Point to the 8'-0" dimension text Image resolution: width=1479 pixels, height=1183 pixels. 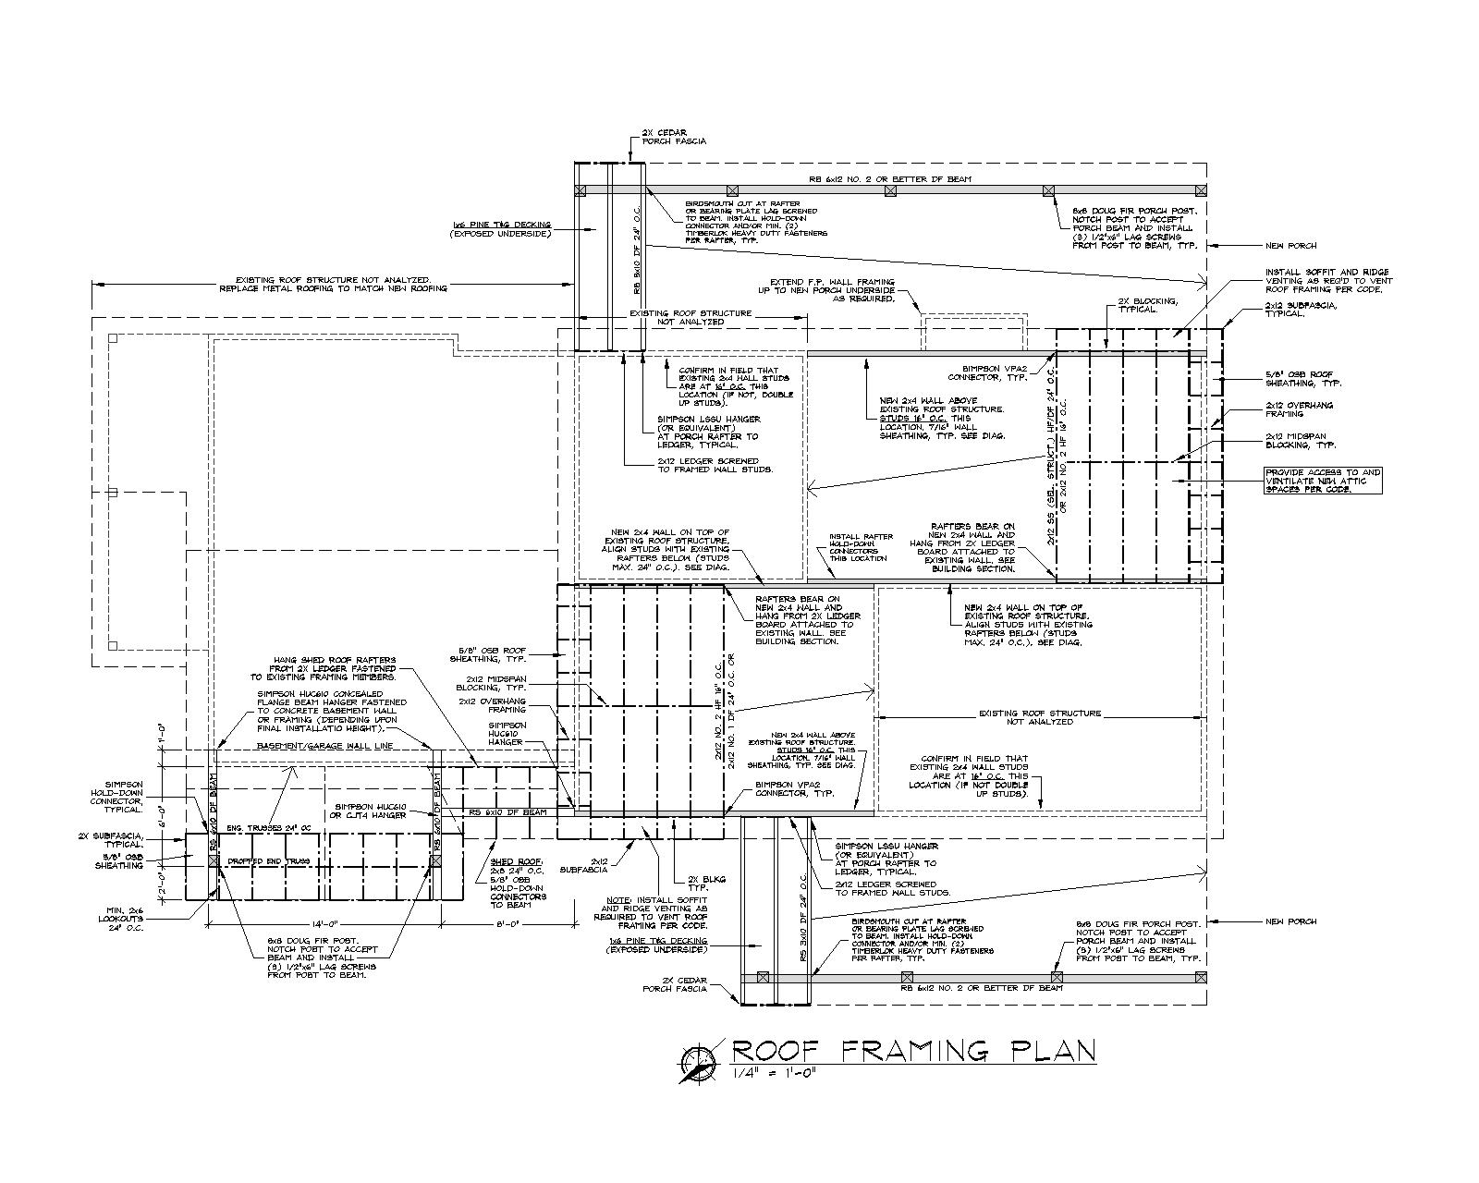click(x=508, y=923)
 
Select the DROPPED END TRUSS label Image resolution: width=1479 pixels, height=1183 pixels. click(x=268, y=861)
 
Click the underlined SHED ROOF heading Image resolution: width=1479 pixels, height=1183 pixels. click(x=509, y=861)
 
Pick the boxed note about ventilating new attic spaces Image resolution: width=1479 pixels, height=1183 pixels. click(x=1323, y=480)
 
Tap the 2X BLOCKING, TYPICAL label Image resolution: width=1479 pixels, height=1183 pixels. click(x=1147, y=305)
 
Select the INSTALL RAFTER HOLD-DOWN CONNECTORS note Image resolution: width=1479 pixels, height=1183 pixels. click(x=861, y=547)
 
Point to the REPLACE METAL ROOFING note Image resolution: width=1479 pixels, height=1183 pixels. click(x=333, y=288)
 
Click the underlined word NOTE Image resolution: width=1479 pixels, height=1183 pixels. click(x=617, y=899)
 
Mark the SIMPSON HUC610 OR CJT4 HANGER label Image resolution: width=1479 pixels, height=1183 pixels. click(x=370, y=811)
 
